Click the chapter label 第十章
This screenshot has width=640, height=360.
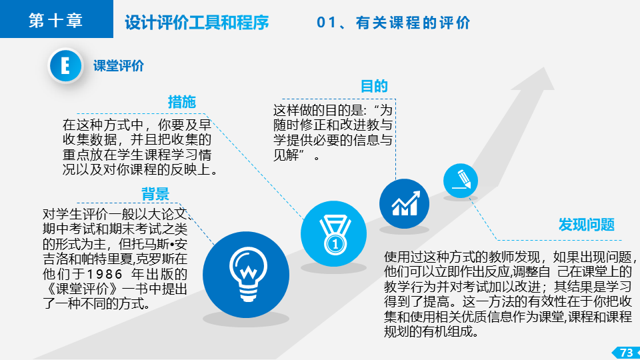tap(55, 20)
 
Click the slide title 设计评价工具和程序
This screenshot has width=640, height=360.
tap(197, 23)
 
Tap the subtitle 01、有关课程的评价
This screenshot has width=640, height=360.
tap(393, 23)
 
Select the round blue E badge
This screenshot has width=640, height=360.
tap(65, 65)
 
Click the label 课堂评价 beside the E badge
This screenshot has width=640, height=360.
tap(119, 66)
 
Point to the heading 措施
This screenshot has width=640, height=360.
tap(182, 101)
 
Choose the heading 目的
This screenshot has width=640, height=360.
tap(374, 86)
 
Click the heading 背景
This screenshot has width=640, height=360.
tap(155, 194)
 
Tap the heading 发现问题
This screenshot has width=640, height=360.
tap(587, 225)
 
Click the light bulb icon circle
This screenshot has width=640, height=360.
tap(246, 275)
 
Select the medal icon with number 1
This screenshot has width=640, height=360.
tap(333, 234)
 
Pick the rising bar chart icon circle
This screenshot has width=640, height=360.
tap(404, 203)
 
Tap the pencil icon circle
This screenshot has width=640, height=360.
tap(461, 181)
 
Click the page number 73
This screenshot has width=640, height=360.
tap(626, 352)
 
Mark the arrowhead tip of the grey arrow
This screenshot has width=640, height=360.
tap(544, 67)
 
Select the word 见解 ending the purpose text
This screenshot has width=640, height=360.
tap(286, 155)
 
